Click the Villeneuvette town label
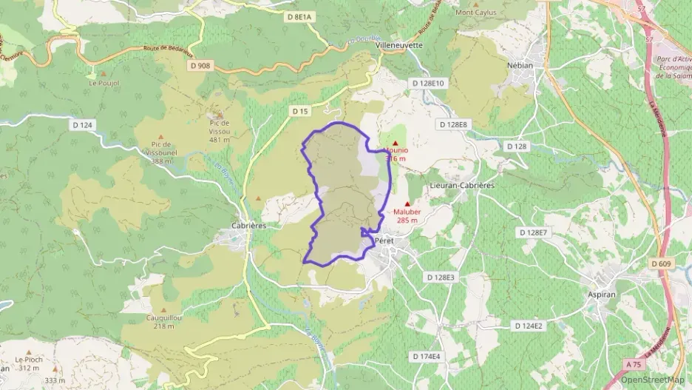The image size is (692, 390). click(x=399, y=44)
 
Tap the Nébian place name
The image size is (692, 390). click(x=520, y=64)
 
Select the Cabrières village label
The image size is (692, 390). click(x=248, y=226)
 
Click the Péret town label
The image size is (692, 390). click(x=384, y=241)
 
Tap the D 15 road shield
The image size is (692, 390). click(x=299, y=111)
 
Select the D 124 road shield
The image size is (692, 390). click(x=83, y=125)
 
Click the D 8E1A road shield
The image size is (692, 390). click(x=300, y=16)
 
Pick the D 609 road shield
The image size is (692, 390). click(x=662, y=263)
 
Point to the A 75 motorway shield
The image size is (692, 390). click(x=633, y=364)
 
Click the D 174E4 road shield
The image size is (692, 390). click(x=426, y=356)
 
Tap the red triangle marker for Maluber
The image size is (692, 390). click(x=407, y=204)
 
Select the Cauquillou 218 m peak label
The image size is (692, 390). click(x=165, y=321)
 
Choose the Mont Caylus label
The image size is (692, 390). click(x=476, y=12)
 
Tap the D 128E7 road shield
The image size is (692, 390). click(x=533, y=232)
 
